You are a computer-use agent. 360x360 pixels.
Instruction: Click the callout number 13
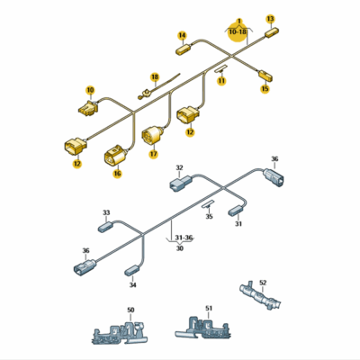[270, 19]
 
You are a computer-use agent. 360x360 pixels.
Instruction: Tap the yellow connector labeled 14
[184, 49]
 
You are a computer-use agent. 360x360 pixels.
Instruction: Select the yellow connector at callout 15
[265, 75]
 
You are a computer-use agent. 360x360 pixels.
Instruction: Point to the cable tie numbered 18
[158, 86]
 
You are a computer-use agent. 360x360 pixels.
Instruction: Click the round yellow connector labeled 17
[152, 136]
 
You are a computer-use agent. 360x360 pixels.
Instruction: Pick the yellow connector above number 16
[116, 156]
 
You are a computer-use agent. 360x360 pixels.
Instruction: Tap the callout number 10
[90, 90]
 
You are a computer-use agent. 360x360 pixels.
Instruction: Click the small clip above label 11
[221, 68]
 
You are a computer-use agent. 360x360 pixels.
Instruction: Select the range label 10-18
[238, 31]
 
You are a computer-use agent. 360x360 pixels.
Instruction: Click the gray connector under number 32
[180, 182]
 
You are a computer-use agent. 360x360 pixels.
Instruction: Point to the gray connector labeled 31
[238, 210]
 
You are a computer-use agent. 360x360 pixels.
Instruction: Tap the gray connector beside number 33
[105, 227]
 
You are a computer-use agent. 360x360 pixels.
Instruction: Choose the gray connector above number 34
[132, 269]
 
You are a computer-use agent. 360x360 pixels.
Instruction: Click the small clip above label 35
[208, 205]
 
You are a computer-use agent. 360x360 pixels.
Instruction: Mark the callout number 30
[179, 248]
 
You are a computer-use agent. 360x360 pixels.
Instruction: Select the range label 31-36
[184, 238]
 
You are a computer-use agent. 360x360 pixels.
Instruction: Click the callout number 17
[154, 154]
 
